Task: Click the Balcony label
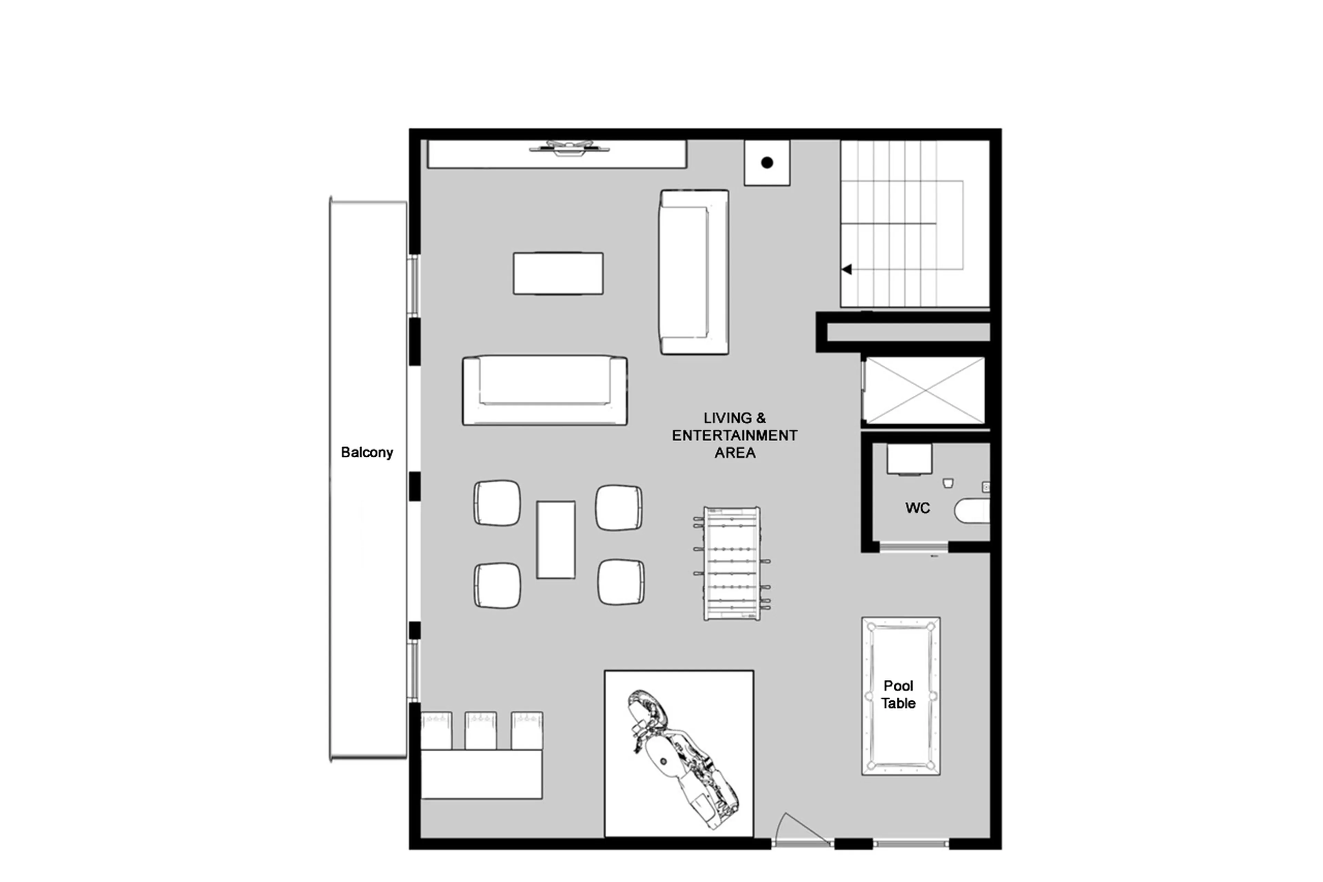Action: [367, 452]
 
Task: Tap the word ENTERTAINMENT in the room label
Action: [734, 435]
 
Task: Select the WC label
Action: [917, 508]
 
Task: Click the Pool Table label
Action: [898, 694]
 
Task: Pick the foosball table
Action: [731, 564]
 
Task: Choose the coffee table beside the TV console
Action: [558, 273]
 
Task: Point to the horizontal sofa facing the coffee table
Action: [544, 390]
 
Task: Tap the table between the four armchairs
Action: [555, 539]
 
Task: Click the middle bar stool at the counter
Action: [480, 730]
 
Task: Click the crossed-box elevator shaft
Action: [924, 390]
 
